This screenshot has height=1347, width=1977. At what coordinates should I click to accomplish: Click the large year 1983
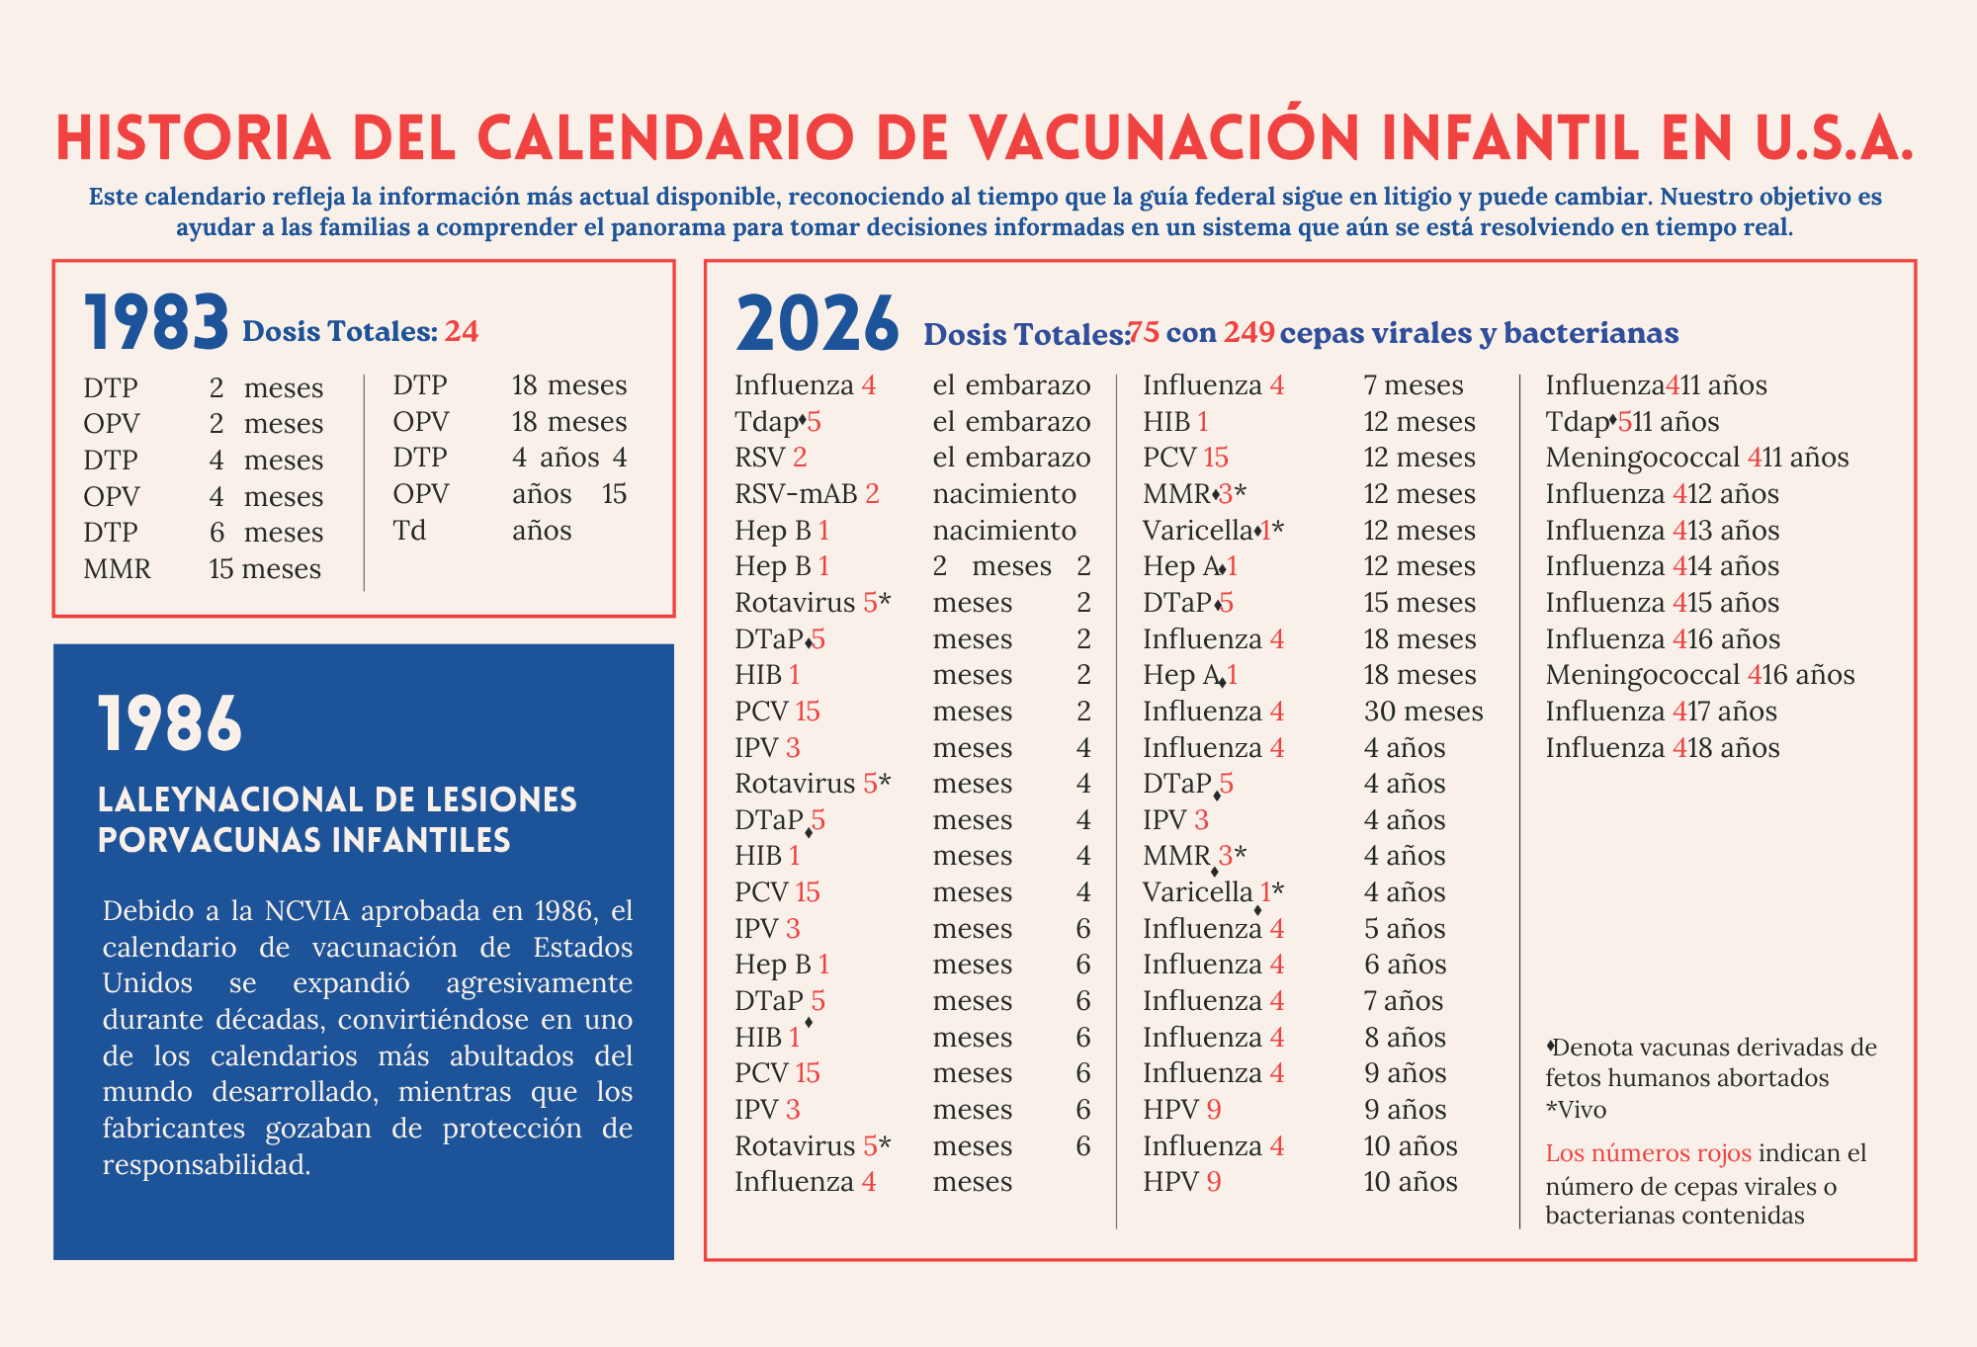point(156,324)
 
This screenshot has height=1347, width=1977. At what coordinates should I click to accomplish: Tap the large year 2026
point(817,324)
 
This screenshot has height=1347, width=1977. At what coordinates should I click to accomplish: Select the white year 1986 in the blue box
point(170,723)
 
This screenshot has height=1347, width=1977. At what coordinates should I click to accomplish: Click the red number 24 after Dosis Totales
point(461,331)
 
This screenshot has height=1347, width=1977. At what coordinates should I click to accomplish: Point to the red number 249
point(1248,332)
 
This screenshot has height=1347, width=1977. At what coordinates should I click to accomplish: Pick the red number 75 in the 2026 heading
point(1144,332)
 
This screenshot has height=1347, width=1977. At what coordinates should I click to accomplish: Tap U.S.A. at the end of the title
point(1835,138)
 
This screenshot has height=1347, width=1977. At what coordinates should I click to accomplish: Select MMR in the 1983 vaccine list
point(117,569)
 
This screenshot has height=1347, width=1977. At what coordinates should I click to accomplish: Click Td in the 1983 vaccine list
point(409,531)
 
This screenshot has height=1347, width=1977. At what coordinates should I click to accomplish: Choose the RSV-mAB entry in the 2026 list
point(796,494)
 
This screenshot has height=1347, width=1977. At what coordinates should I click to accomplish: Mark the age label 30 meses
point(1423,712)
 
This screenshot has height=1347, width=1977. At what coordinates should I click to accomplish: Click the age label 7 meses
point(1414,385)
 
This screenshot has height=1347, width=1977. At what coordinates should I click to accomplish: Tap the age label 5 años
point(1405,929)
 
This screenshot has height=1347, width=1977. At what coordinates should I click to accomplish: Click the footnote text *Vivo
point(1576,1110)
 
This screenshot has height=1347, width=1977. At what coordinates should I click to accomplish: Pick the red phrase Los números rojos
point(1648,1153)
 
